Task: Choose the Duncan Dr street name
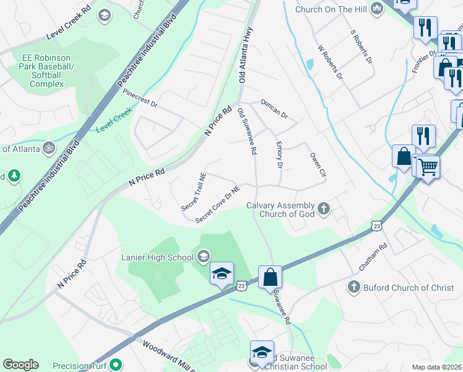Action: click(x=274, y=109)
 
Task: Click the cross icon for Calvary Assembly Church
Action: click(x=324, y=210)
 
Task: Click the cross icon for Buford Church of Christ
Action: click(x=353, y=287)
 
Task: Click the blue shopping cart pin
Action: click(x=426, y=166)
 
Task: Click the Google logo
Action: click(x=20, y=365)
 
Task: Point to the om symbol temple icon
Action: click(x=48, y=148)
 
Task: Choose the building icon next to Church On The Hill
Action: click(x=377, y=9)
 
